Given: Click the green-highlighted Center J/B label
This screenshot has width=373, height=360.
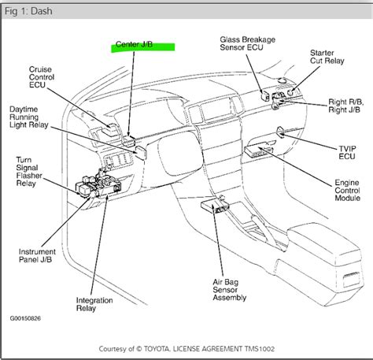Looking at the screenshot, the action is coord(134,44).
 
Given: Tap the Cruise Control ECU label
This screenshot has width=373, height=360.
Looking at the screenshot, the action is coord(42,77).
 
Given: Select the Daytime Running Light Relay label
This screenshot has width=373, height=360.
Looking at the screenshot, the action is coord(29,117).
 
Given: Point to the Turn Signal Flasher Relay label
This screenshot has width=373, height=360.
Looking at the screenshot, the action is coord(29,172).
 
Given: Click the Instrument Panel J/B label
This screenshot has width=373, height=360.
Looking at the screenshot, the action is coord(37,256).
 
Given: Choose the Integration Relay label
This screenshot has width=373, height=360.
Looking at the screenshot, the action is coord(94,304).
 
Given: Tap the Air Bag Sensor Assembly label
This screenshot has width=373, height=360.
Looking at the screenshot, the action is coord(230,290).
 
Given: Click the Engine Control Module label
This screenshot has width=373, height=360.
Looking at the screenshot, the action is coord(347,191).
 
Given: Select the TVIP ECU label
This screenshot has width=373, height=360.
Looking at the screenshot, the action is coord(347,153).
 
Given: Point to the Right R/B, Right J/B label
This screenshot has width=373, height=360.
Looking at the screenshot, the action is coord(346,106).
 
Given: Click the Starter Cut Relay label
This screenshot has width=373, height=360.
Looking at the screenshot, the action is coord(327,57).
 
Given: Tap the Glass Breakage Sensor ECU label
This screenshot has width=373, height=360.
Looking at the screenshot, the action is coord(248,43).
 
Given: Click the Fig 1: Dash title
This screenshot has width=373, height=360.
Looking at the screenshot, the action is coord(28,11).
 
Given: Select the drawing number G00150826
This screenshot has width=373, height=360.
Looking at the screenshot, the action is coord(25,318).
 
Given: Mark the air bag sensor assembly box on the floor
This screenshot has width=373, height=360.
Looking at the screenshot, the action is coord(215,206).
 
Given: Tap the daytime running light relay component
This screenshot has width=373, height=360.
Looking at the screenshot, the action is coord(141,153).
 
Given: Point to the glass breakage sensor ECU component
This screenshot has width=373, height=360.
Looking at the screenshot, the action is coord(264,95).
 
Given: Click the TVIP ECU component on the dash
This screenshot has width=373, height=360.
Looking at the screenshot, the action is coord(280,131).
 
